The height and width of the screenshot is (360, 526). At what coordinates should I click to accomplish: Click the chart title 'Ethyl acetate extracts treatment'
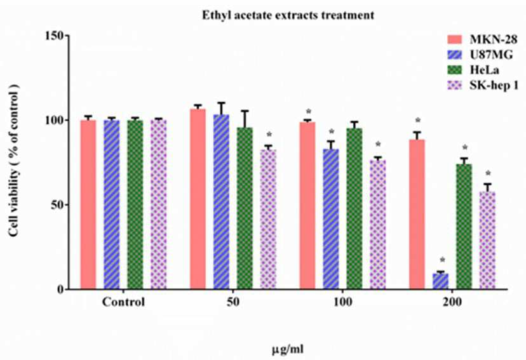coord(288,15)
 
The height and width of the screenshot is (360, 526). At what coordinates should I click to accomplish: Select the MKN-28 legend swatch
coord(457,39)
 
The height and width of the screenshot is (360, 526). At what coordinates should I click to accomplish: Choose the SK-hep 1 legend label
coord(494,86)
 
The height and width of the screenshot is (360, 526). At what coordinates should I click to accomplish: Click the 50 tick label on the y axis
coord(58,205)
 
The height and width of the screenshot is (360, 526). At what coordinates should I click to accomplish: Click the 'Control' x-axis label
coord(123,302)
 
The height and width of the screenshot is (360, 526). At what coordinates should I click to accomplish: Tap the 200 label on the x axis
coord(452,302)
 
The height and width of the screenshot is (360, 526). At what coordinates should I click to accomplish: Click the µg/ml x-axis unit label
coord(288,350)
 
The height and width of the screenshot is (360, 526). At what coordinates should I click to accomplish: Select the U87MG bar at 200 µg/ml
coord(440,281)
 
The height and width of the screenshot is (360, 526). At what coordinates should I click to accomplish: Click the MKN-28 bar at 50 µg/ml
coord(198,199)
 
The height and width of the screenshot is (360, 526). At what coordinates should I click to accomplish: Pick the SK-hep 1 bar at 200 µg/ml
coord(487,241)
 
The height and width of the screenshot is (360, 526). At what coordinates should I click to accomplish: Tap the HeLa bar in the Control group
coord(135,204)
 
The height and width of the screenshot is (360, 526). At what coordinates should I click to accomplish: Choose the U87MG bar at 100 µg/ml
coord(331,219)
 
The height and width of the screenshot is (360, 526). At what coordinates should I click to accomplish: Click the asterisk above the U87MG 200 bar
coord(442,260)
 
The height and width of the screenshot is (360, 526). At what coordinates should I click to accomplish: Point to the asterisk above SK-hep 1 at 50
coord(269,135)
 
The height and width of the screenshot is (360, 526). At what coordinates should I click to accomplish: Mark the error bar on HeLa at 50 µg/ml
coord(245,119)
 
